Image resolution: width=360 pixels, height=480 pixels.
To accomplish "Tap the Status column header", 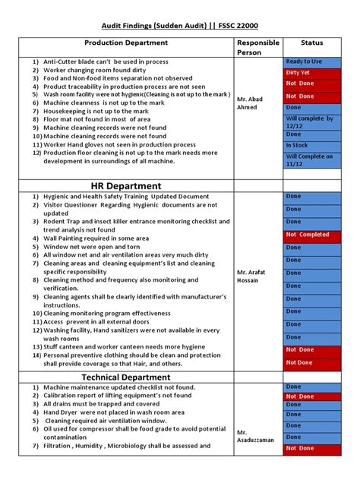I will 311,43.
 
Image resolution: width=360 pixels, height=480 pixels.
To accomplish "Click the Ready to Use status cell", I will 311,61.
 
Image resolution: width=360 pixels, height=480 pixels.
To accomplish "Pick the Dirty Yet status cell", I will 311,72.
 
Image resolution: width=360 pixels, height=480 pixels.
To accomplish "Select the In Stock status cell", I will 311,144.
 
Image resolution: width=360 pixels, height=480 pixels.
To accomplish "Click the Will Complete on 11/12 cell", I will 311,159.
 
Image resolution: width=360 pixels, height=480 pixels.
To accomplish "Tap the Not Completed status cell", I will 311,235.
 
